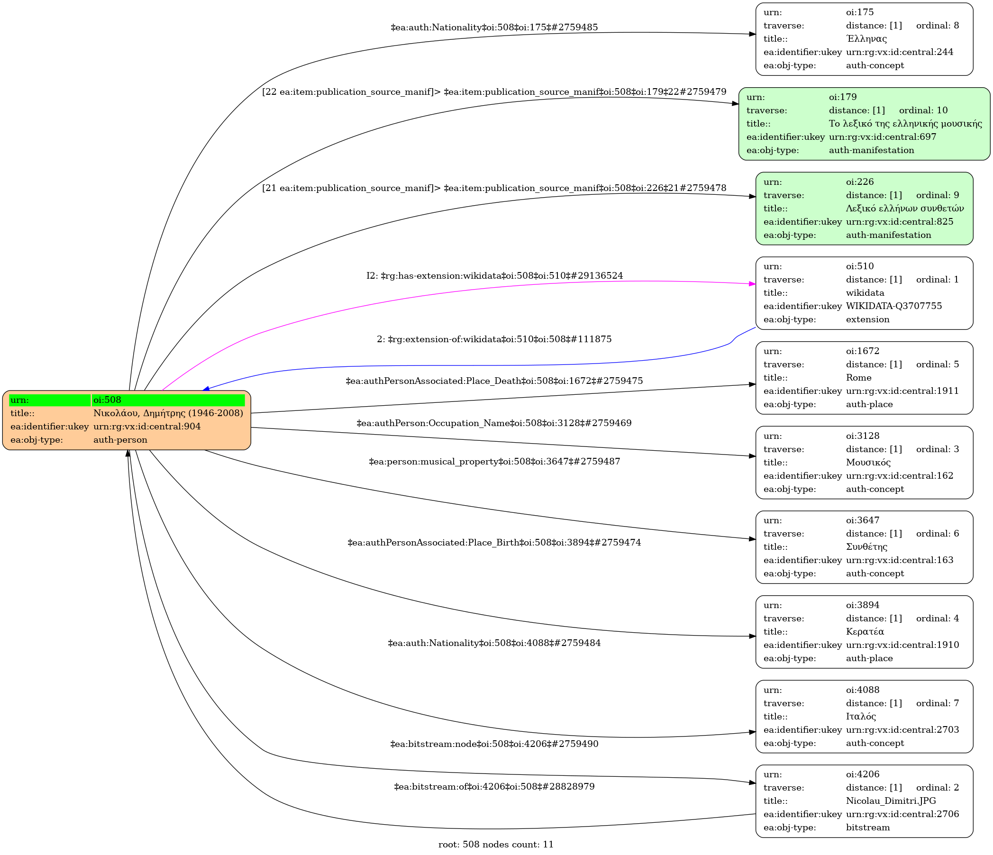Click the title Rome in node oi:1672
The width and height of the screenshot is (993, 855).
coord(858,378)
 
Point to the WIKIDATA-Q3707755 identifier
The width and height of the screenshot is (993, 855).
coord(894,306)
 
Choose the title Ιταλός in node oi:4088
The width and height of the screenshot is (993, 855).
coord(861,717)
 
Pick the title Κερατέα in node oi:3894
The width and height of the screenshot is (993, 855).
coord(865,632)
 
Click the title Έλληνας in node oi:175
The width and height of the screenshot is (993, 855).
coord(866,39)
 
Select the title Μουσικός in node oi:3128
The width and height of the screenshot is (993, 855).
coord(868,463)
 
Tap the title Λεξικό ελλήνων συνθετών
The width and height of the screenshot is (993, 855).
coord(904,209)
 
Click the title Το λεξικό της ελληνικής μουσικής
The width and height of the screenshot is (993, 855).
coord(905,124)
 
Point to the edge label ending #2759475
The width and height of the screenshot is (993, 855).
coord(494,381)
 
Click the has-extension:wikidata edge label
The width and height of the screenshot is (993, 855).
coord(494,275)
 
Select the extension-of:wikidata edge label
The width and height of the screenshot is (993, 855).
coord(494,339)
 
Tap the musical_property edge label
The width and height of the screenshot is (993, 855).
coord(494,462)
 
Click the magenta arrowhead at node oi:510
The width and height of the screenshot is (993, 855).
coord(752,284)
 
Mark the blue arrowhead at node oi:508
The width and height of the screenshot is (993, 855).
coord(206,389)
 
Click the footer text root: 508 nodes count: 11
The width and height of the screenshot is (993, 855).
coord(495,845)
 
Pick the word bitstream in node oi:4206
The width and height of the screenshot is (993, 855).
coord(867,828)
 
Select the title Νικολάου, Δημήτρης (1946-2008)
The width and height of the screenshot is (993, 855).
coord(168,413)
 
